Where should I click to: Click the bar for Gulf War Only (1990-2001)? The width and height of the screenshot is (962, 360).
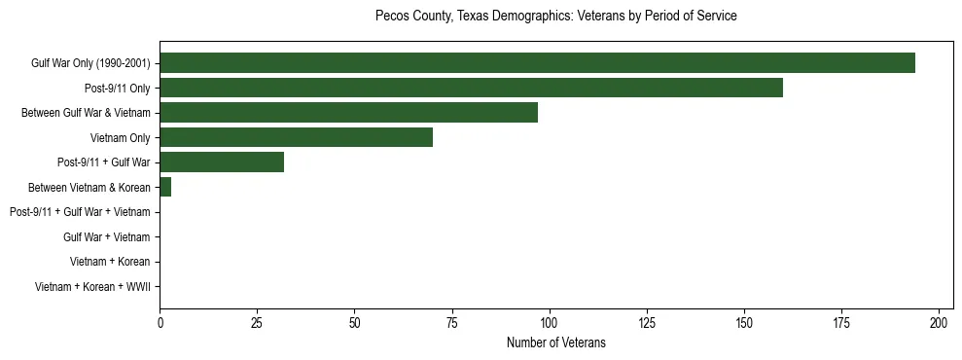tap(537, 63)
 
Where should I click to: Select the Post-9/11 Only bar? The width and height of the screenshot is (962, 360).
tap(471, 89)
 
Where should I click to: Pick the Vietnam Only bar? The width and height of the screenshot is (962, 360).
tap(296, 137)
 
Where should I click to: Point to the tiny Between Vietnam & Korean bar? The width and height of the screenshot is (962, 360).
tap(165, 187)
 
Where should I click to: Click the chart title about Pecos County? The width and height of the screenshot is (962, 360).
tap(555, 17)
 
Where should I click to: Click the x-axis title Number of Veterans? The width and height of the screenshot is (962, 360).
tap(555, 342)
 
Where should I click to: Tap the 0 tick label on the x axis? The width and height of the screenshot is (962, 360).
tap(160, 322)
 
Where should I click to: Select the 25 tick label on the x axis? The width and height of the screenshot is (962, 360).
tap(257, 322)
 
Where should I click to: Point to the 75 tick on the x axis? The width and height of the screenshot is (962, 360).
tap(451, 322)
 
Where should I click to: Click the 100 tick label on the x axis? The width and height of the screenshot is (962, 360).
tap(550, 322)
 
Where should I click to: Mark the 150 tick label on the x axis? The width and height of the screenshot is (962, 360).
tap(744, 322)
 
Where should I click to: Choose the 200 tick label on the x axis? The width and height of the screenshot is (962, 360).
tap(939, 322)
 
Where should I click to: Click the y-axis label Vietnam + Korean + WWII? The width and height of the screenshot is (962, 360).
tap(92, 287)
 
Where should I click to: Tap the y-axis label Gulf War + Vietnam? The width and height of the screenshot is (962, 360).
tap(106, 237)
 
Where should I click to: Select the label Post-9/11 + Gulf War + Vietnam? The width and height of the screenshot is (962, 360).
tap(80, 212)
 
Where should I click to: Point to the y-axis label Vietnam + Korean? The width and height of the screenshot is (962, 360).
tap(110, 262)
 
